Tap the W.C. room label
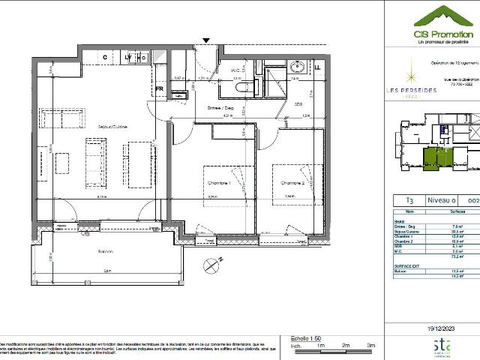tap(235, 71)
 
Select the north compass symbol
tap(211, 263)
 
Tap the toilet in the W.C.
tap(241, 87)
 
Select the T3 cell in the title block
tap(409, 201)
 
